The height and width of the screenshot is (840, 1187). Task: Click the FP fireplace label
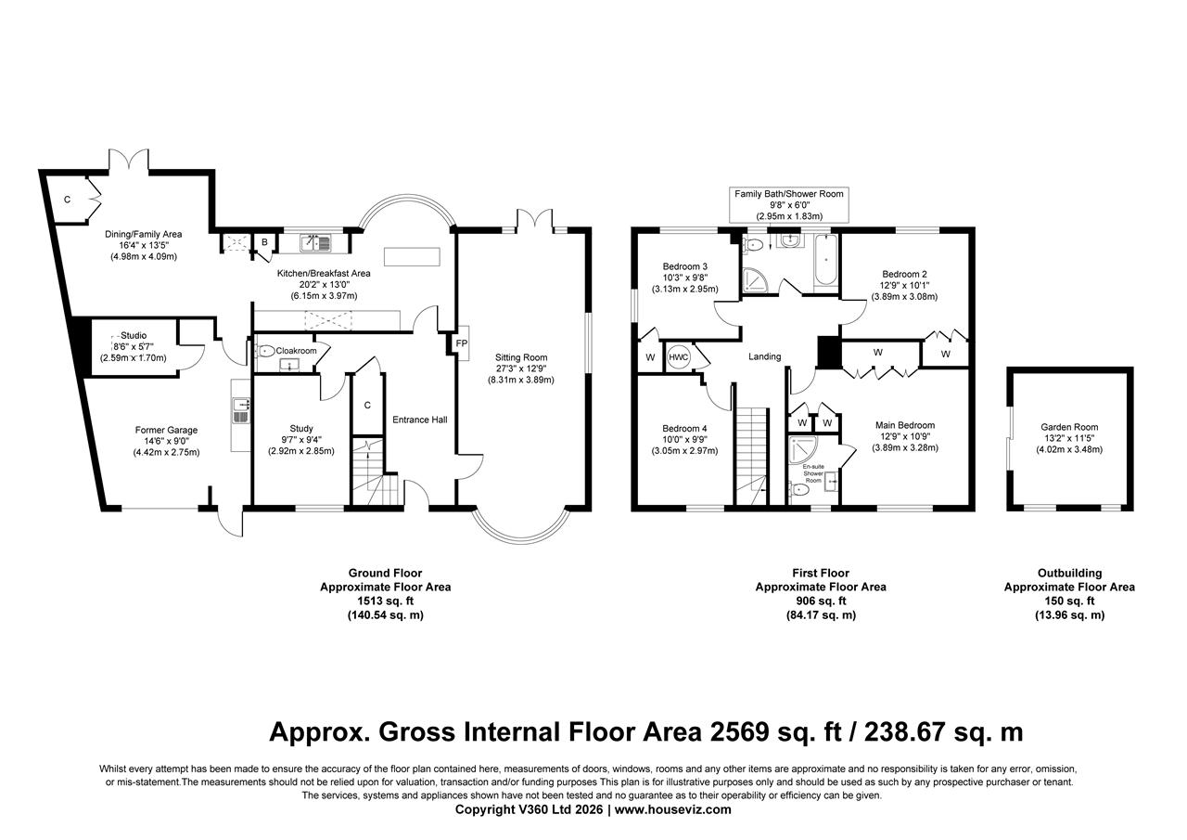pos(462,343)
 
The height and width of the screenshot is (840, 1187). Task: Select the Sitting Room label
pos(521,357)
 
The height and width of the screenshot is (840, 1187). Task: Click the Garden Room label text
pos(1068,428)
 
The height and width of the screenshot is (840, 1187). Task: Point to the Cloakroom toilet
pos(266,351)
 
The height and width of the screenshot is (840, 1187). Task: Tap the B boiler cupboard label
pos(264,243)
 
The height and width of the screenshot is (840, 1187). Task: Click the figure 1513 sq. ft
pos(385,601)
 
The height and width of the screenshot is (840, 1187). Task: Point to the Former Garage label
pos(166,430)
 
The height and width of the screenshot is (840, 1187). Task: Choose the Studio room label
pos(134,335)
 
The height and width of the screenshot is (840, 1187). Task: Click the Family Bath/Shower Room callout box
pos(789,205)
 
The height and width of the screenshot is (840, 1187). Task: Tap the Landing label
pos(765,356)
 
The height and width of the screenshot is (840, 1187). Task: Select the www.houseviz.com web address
pos(672,809)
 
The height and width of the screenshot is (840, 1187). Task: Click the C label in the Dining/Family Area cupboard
pos(68,200)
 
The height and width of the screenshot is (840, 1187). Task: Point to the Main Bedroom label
pos(905,425)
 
